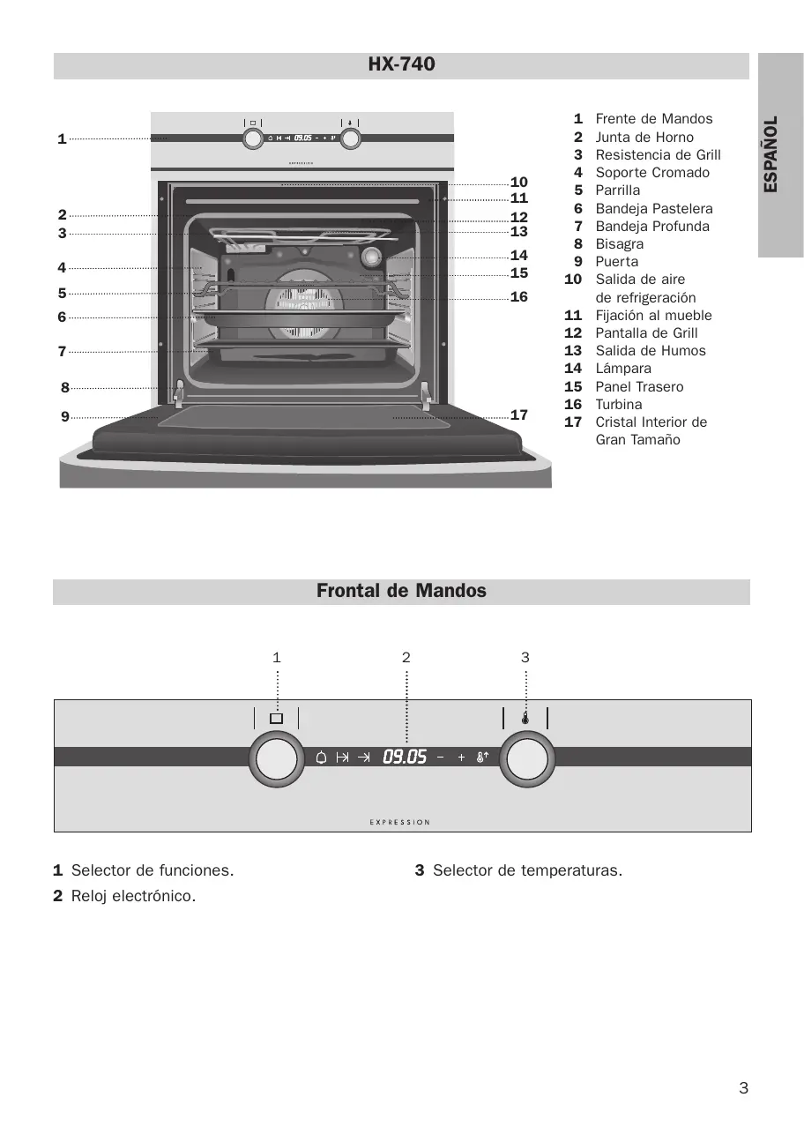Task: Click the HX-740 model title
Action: [401, 64]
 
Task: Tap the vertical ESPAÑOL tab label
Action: [771, 154]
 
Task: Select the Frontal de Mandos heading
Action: [401, 591]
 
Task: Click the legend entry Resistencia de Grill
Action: [658, 155]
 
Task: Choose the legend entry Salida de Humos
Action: [651, 351]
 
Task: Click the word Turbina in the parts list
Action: [619, 405]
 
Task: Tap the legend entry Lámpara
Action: [623, 369]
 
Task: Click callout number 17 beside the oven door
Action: [519, 414]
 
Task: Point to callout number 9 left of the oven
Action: [65, 416]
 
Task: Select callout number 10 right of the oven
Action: [519, 183]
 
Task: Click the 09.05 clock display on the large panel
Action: [405, 757]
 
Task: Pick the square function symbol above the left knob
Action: [276, 719]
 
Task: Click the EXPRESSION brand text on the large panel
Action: [400, 822]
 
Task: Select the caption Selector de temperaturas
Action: [527, 871]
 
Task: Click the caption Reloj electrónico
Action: [133, 897]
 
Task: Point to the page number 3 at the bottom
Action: [743, 1088]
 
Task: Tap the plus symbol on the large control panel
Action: [461, 758]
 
